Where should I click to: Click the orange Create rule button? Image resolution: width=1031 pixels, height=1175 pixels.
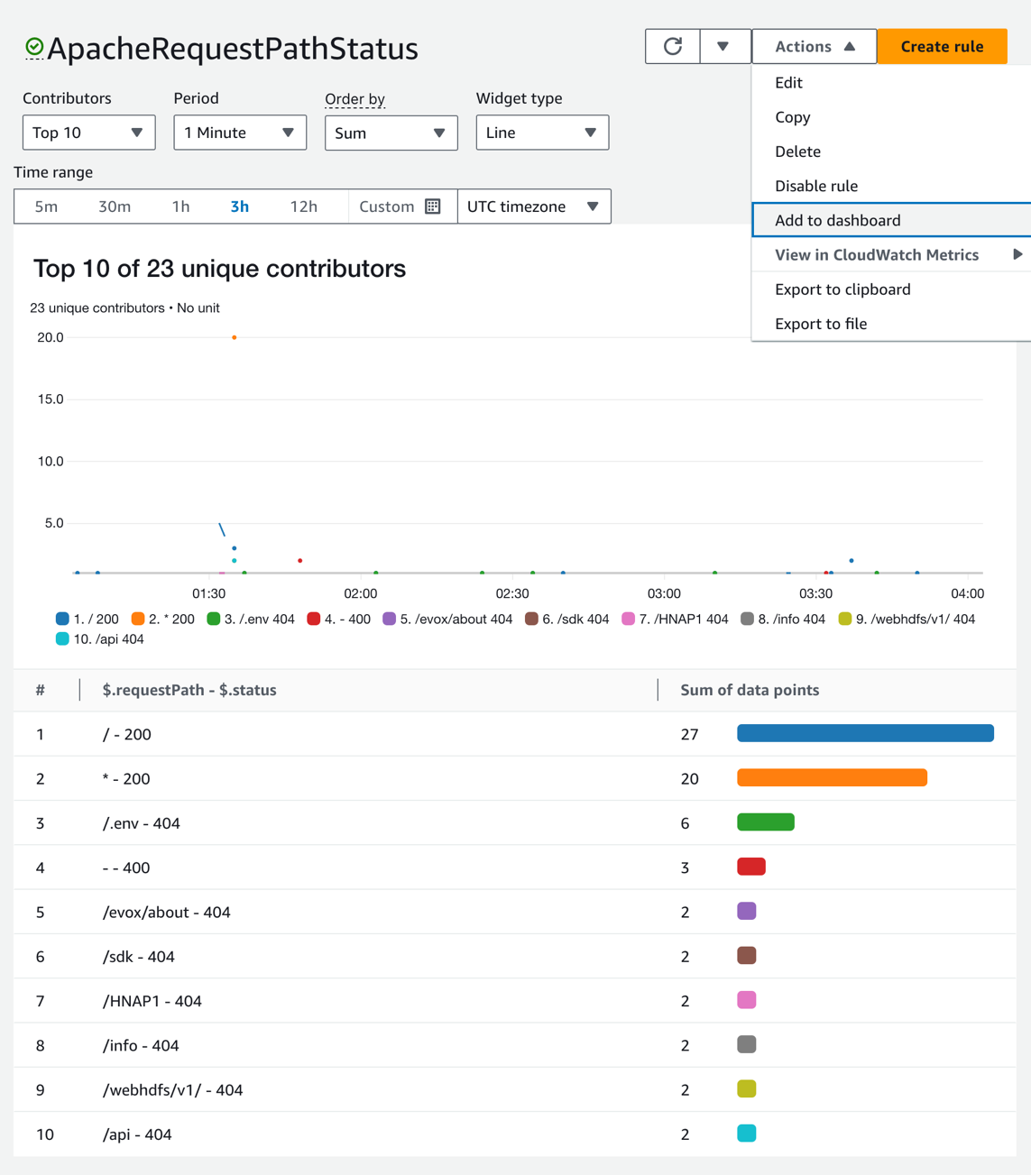pyautogui.click(x=942, y=46)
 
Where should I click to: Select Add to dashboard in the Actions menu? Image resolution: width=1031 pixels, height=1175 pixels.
pyautogui.click(x=837, y=220)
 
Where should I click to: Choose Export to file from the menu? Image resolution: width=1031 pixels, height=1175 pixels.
pyautogui.click(x=820, y=324)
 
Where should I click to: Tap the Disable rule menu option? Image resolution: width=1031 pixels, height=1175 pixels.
pyautogui.click(x=815, y=186)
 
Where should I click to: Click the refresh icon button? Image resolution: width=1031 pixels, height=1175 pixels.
pyautogui.click(x=672, y=46)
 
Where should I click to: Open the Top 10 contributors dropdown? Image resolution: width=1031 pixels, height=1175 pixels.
pyautogui.click(x=88, y=133)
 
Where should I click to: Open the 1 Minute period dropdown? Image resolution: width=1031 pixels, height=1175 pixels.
pyautogui.click(x=239, y=133)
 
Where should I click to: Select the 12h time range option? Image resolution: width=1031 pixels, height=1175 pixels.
pyautogui.click(x=303, y=207)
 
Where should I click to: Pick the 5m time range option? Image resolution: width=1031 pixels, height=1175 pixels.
pyautogui.click(x=46, y=207)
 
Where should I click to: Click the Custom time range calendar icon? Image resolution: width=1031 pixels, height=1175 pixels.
pyautogui.click(x=433, y=207)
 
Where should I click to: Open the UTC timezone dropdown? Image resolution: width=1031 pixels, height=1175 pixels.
pyautogui.click(x=533, y=207)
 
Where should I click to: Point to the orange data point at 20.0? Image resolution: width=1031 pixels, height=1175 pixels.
pyautogui.click(x=235, y=337)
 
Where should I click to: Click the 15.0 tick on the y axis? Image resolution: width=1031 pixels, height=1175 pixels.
pyautogui.click(x=50, y=399)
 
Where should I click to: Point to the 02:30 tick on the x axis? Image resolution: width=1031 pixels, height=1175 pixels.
pyautogui.click(x=511, y=593)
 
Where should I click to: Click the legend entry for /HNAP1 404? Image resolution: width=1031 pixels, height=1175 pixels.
pyautogui.click(x=675, y=619)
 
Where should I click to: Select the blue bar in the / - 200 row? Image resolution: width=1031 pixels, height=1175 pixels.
pyautogui.click(x=865, y=734)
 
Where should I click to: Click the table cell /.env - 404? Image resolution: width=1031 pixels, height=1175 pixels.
pyautogui.click(x=141, y=823)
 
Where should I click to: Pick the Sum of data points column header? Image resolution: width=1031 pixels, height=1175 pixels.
pyautogui.click(x=749, y=690)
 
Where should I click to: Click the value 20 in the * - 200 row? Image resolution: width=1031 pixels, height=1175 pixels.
pyautogui.click(x=689, y=778)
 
